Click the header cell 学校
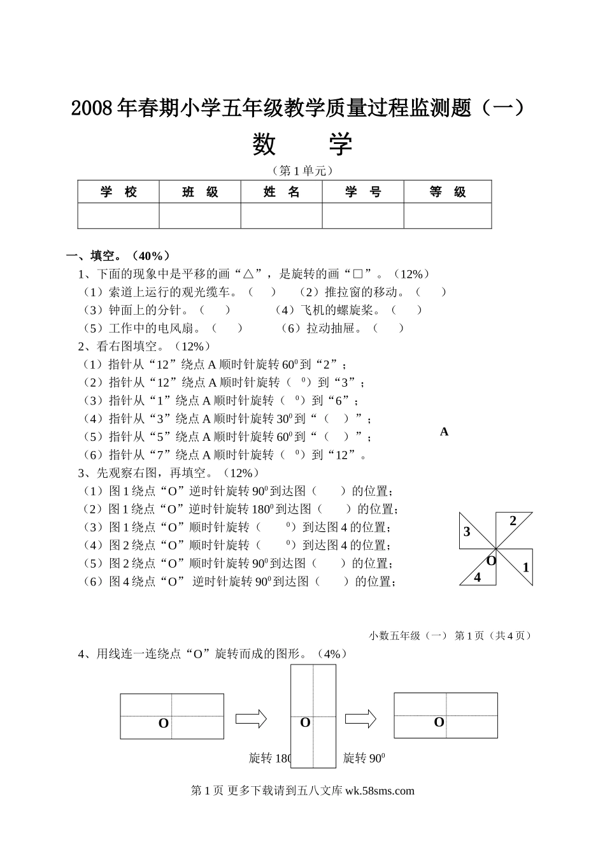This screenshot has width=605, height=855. click(x=118, y=192)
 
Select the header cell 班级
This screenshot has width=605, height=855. click(x=200, y=192)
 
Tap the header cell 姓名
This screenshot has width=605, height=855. click(x=281, y=192)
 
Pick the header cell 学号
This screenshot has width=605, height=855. click(x=363, y=192)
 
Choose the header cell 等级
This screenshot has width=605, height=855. click(x=448, y=192)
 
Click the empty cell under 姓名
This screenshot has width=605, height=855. click(x=281, y=215)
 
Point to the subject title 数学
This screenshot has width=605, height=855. click(x=302, y=144)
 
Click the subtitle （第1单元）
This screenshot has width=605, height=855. click(x=302, y=171)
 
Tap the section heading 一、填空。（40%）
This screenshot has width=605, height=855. click(x=119, y=256)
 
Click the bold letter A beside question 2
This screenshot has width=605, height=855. click(x=444, y=432)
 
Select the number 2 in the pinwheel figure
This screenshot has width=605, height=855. click(x=513, y=521)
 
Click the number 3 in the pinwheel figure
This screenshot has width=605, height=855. click(x=467, y=532)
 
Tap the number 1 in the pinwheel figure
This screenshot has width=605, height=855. click(x=525, y=567)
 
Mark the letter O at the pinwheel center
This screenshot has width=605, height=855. click(x=491, y=561)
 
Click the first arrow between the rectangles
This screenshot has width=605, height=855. click(x=251, y=719)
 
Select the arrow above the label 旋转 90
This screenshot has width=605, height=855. click(x=360, y=719)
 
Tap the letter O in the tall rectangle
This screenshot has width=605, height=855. click(x=305, y=722)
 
